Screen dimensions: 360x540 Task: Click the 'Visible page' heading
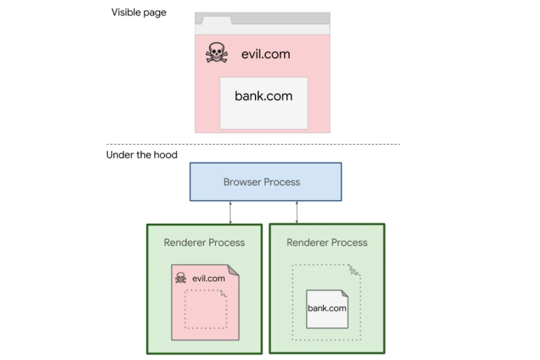(x=138, y=12)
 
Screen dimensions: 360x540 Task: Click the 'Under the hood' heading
(x=141, y=155)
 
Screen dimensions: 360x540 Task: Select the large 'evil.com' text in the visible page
(x=265, y=54)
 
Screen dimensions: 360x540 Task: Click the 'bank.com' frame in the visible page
(x=263, y=103)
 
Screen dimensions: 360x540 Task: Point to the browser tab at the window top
(x=217, y=21)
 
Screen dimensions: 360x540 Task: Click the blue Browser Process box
(x=265, y=182)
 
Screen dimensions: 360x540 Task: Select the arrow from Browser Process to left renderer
(x=230, y=212)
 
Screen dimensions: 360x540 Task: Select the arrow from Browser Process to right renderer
(x=297, y=212)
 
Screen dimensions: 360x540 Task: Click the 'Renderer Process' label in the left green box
(x=204, y=242)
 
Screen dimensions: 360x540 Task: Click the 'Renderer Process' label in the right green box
(x=327, y=242)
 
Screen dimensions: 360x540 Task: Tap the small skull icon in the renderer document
(x=181, y=278)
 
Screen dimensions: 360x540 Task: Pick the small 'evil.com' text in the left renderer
(x=208, y=278)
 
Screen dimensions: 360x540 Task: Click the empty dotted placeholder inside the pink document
(x=205, y=309)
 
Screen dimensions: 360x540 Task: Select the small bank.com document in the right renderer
(x=327, y=309)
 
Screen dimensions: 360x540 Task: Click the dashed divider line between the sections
(x=253, y=145)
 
